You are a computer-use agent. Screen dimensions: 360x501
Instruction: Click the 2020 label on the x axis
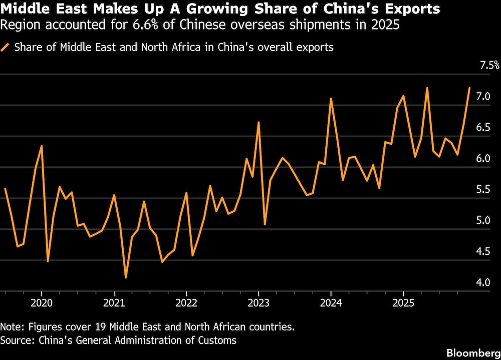41,303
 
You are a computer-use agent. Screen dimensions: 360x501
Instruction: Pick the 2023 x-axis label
258,303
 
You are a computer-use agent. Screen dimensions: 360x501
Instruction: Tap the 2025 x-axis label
403,303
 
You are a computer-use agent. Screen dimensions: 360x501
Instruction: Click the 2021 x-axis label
114,303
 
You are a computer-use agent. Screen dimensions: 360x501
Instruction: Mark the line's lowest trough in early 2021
126,277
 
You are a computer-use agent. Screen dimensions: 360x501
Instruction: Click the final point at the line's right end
469,88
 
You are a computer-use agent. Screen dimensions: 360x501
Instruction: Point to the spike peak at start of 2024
331,99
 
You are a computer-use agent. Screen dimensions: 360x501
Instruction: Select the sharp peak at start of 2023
259,122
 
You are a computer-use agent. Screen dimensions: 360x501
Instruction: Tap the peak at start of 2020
42,146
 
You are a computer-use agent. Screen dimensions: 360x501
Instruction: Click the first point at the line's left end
5,189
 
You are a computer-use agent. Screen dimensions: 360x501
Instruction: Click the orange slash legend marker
6,48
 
